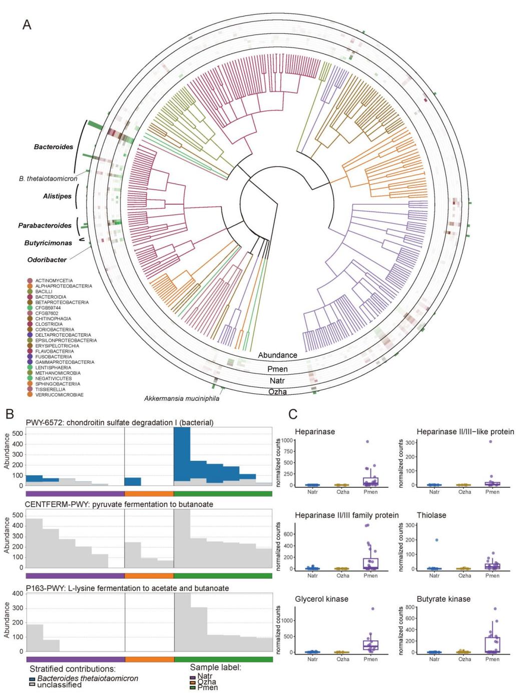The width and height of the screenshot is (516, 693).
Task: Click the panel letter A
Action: tap(27, 24)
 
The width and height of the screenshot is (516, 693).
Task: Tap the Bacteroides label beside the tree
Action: tap(54, 147)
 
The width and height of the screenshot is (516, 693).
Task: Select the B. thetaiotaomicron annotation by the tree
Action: tap(48, 178)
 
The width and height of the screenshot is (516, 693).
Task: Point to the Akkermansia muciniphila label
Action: tap(181, 399)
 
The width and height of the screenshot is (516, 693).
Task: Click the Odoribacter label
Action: tap(47, 260)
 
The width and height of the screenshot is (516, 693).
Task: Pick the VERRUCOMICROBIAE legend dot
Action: tap(31, 395)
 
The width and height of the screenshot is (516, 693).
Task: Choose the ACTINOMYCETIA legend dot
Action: tap(31, 281)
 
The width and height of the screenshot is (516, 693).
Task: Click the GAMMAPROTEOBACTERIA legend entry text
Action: tap(65, 362)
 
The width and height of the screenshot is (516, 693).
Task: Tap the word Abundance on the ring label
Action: tap(277, 355)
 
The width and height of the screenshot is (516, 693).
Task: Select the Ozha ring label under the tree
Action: tap(277, 392)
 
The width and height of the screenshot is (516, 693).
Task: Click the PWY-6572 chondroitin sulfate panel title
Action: tap(120, 423)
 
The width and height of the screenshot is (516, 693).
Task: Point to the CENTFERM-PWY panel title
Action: tap(120, 504)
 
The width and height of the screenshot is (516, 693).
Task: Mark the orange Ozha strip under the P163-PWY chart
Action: tap(149, 659)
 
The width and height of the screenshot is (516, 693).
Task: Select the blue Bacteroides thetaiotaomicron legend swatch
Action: tap(32, 679)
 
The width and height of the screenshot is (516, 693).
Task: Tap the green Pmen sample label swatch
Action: tap(193, 688)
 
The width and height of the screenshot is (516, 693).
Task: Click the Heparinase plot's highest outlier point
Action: tap(367, 442)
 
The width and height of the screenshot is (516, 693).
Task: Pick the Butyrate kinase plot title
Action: tap(443, 599)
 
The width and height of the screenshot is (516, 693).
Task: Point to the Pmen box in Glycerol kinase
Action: tap(371, 645)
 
